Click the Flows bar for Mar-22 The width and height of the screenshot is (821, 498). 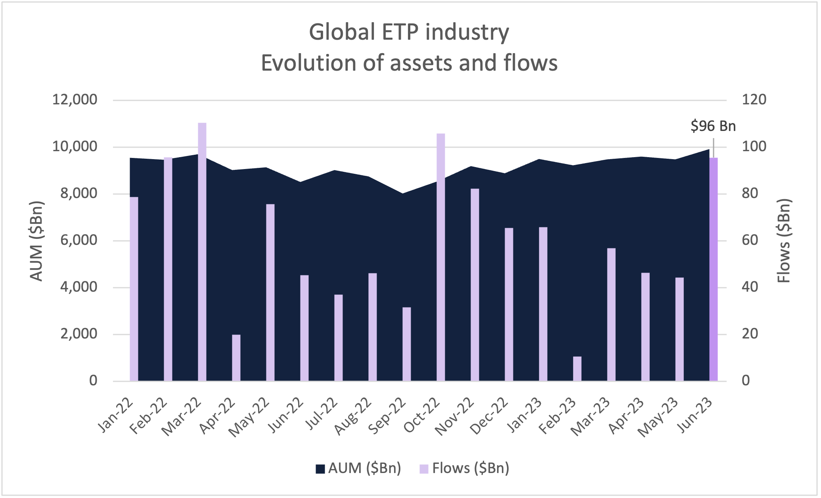[202, 252]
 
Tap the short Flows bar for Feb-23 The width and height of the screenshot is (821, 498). [577, 369]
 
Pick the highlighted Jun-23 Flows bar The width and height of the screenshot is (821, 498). [714, 269]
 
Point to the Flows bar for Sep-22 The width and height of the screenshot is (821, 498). [407, 344]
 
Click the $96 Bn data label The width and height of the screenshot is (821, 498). [713, 126]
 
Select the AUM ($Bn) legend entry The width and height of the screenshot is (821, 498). [358, 469]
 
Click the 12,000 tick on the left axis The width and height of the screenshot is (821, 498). [75, 100]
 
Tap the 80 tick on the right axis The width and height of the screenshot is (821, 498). [750, 194]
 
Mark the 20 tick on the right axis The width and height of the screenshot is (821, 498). [750, 334]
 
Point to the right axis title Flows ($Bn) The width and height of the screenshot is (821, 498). [784, 240]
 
